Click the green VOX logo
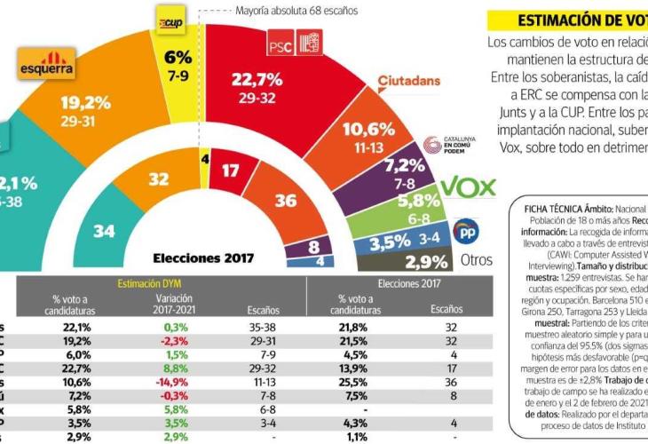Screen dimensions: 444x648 pyautogui.click(x=468, y=186)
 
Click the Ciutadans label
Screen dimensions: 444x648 pyautogui.click(x=409, y=82)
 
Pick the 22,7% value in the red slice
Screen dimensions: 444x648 pyautogui.click(x=257, y=81)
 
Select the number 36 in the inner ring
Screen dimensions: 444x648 pyautogui.click(x=286, y=202)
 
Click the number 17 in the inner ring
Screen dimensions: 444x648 pyautogui.click(x=231, y=170)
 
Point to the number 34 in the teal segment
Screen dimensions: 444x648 pyautogui.click(x=104, y=231)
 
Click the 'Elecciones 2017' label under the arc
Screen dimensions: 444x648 pyautogui.click(x=203, y=258)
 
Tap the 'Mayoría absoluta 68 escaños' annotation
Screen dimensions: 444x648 pyautogui.click(x=296, y=12)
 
